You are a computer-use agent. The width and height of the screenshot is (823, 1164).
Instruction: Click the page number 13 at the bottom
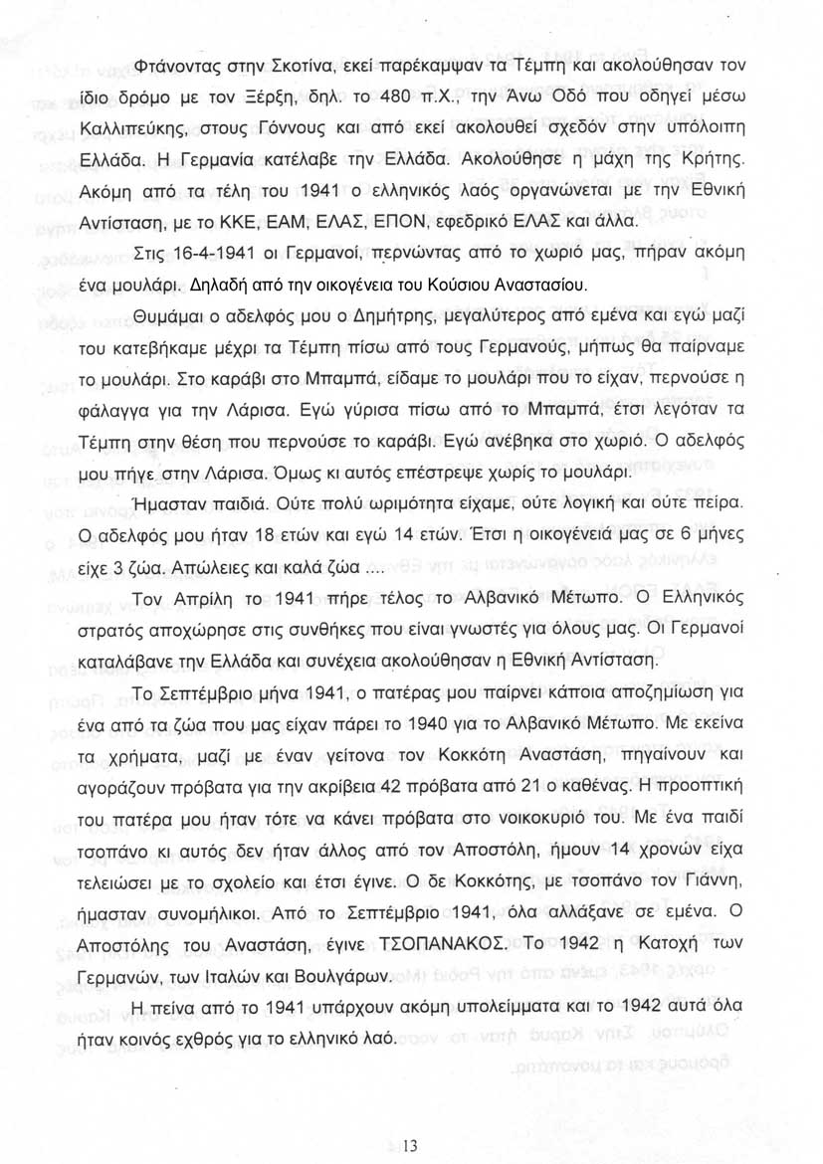(411, 1145)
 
